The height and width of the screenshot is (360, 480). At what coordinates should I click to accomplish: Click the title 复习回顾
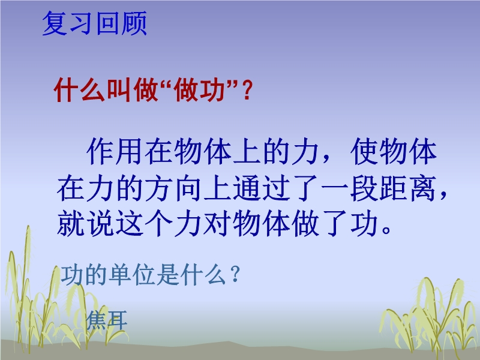point(95,23)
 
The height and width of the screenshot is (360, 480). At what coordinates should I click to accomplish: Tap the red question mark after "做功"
point(247,90)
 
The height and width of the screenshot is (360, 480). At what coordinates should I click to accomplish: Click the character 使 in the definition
point(364,152)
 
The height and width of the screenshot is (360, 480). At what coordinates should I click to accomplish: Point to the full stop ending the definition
point(386,230)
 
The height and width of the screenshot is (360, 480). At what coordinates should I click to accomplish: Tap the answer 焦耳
point(107,320)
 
